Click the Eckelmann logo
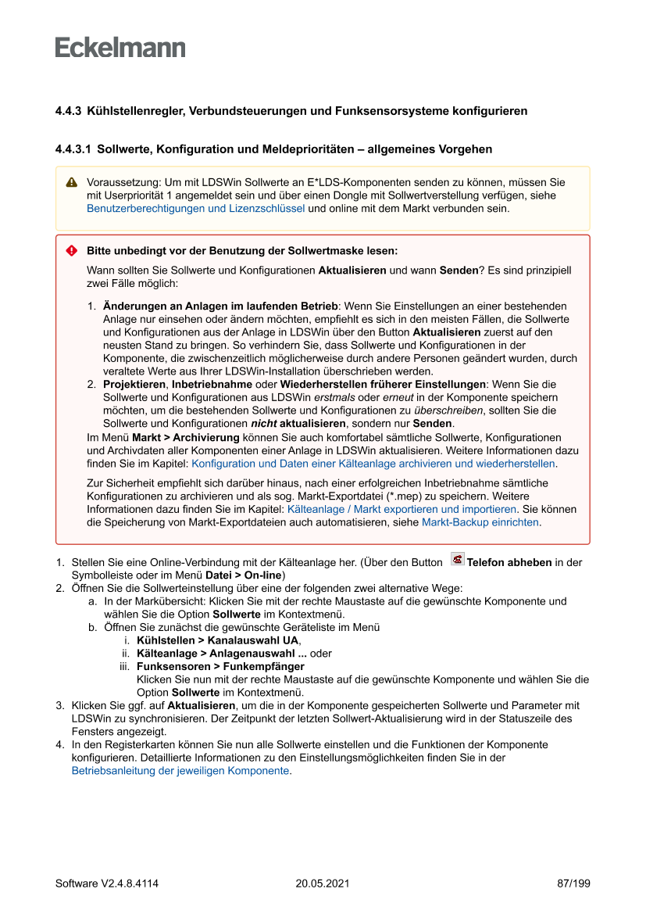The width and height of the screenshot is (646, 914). (120, 48)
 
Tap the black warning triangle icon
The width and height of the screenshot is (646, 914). (71, 182)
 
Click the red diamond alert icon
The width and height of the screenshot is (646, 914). (71, 251)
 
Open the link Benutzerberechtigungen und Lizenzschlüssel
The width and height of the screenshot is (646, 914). (195, 209)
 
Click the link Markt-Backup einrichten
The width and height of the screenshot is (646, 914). (480, 522)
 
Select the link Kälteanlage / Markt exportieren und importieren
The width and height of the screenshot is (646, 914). (402, 509)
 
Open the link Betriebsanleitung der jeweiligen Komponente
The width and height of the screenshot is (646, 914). (180, 770)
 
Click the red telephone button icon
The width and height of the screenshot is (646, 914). (457, 560)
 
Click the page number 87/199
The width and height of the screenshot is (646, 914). (573, 884)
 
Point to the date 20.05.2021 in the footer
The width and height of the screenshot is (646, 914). (322, 884)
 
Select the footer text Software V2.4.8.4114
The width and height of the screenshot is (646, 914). (107, 884)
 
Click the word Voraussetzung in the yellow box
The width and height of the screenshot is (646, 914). (119, 182)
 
